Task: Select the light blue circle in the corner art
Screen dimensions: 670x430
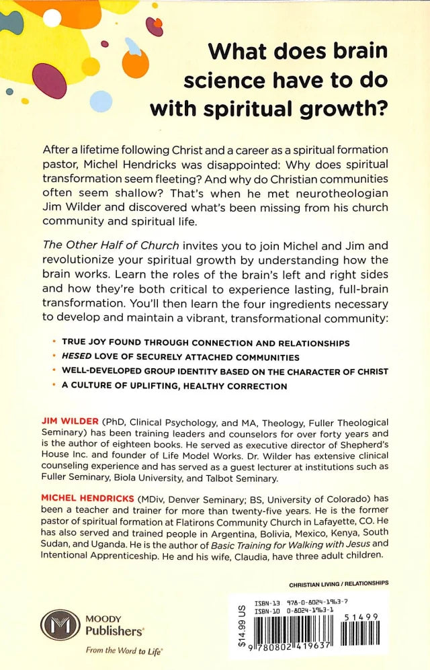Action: click(x=101, y=101)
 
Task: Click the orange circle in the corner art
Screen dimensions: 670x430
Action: click(x=136, y=63)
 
